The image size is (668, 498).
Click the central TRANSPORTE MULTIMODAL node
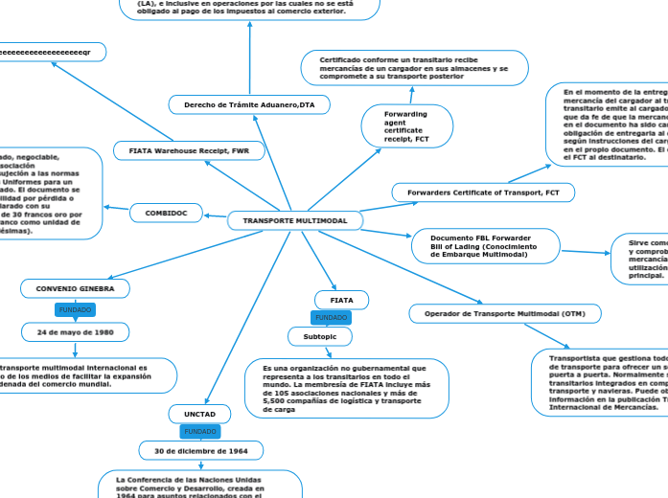point(294,221)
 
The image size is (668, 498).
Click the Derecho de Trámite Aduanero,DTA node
point(249,103)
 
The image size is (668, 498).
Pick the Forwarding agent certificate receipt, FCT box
point(403,126)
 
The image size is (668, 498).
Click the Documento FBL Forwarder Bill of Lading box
point(484,246)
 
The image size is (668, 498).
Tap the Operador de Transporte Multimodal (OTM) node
point(505,313)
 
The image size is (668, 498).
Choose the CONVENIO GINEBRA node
point(75,288)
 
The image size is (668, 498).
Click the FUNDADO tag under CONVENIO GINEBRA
point(75,309)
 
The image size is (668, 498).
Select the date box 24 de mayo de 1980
point(75,331)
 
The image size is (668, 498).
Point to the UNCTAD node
point(200,414)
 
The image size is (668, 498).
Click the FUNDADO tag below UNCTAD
point(200,432)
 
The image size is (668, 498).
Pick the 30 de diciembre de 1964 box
point(200,450)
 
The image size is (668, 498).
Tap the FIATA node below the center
point(342,300)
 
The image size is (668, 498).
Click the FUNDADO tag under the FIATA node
point(332,317)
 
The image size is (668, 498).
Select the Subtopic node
point(320,336)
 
